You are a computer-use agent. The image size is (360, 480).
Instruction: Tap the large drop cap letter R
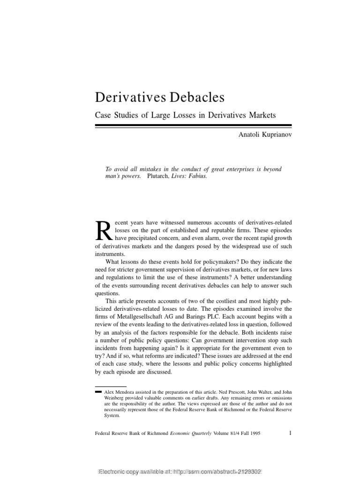coord(103,231)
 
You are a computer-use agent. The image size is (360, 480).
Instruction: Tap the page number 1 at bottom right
coord(291,433)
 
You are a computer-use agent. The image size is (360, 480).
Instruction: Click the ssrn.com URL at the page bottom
coord(220,471)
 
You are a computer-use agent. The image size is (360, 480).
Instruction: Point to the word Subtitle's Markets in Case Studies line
coord(262,114)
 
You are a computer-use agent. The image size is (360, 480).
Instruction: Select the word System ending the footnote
coord(111,415)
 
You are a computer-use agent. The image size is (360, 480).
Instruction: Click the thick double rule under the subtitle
coord(193,126)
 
